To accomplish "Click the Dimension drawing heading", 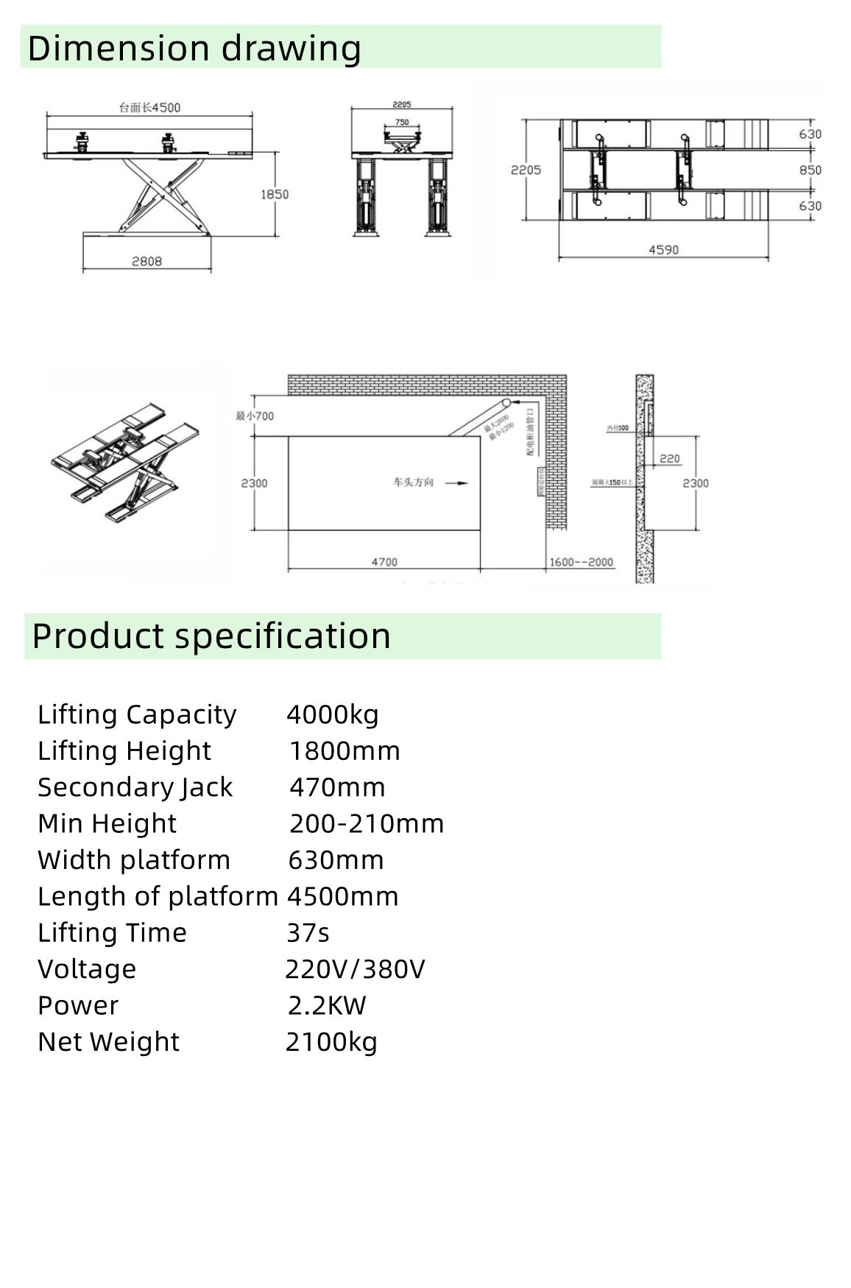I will (194, 49).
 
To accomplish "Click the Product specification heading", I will (211, 636).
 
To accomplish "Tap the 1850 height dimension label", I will (275, 194).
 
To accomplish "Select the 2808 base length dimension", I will (146, 261).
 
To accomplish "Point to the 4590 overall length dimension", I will (663, 250).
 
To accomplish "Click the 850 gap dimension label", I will (810, 170).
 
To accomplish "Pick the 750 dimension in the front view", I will (402, 122).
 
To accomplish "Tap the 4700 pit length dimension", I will (384, 562).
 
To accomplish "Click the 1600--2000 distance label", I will (582, 562).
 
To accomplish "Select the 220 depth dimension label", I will (669, 459).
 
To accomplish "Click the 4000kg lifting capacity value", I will (333, 714).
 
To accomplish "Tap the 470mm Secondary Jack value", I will (337, 787).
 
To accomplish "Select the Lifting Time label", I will (112, 933).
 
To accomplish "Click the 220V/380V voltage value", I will (355, 969).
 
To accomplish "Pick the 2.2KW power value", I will (327, 1006).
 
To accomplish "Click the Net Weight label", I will (109, 1042).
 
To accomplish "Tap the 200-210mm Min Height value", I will (367, 823).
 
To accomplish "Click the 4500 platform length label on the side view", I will (150, 108).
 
